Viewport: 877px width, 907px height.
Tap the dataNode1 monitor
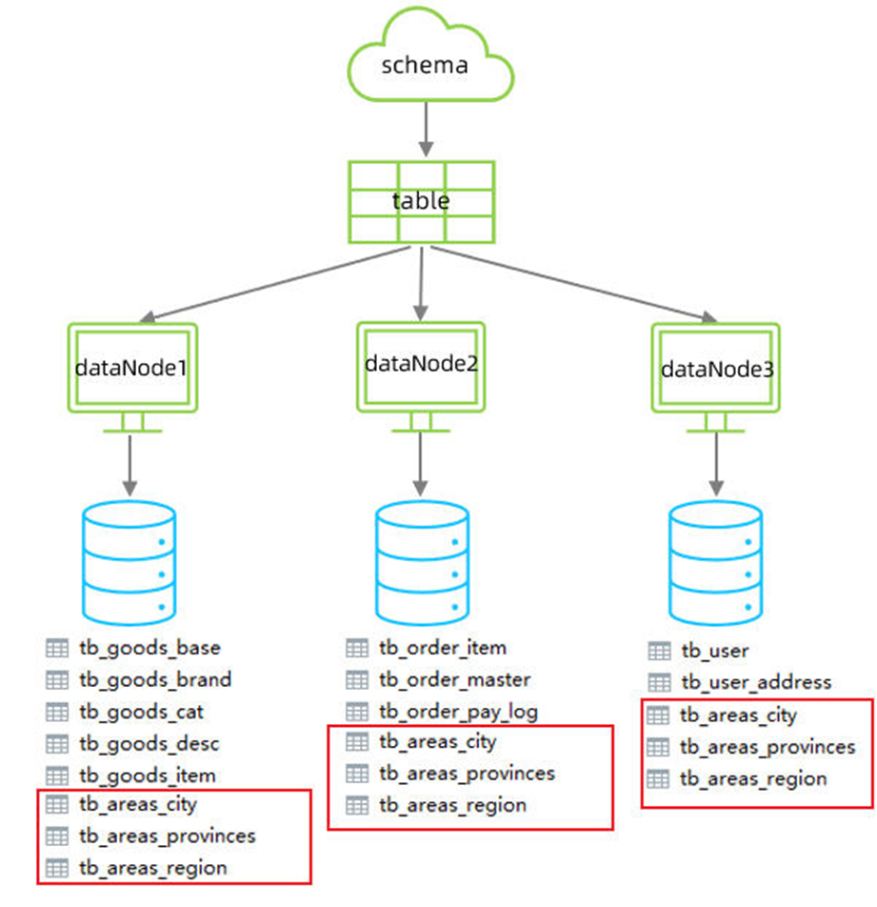132,367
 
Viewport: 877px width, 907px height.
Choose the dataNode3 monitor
716,368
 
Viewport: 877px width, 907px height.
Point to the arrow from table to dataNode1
276,283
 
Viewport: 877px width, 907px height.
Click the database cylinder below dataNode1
130,560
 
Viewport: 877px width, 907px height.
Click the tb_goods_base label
149,648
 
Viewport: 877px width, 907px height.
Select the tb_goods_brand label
155,679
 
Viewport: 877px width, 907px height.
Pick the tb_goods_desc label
149,743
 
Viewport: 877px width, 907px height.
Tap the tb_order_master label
454,679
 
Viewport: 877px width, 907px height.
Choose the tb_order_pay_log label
458,711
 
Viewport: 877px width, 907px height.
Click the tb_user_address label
756,682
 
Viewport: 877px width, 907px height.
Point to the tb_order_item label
443,648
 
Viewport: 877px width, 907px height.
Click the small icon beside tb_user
659,651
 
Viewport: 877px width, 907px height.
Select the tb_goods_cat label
141,711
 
